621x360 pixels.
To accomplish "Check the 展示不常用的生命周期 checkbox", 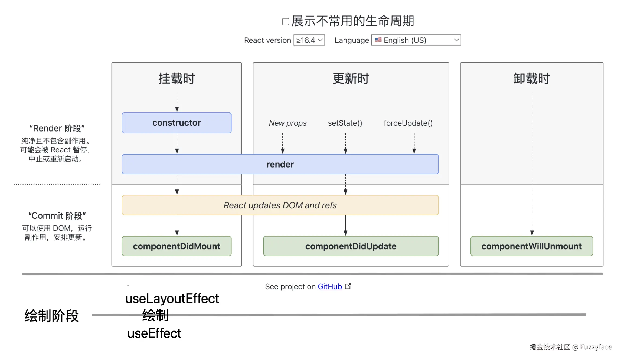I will (286, 22).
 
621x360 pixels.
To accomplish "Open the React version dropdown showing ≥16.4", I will (309, 40).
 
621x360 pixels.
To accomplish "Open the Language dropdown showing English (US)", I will (416, 40).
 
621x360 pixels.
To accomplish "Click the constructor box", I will (177, 123).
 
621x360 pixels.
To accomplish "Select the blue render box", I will (280, 164).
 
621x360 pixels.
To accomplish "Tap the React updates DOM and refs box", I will (280, 205).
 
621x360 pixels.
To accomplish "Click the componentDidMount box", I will (177, 246).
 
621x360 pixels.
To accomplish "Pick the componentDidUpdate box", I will (351, 246).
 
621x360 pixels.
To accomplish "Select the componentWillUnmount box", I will (531, 246).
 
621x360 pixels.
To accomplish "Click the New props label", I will (287, 123).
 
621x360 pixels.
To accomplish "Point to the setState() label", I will (345, 123).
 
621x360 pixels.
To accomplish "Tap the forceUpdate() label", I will (408, 123).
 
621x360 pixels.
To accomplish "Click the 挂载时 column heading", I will (177, 78).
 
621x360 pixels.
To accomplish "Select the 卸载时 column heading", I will (531, 78).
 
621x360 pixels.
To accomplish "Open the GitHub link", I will (330, 286).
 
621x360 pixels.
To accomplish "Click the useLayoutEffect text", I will (172, 299).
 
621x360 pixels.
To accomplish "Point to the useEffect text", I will (154, 333).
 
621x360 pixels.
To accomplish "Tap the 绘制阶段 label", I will (51, 316).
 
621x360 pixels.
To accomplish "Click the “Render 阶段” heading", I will (57, 128).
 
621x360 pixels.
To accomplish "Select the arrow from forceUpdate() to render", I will (414, 143).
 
